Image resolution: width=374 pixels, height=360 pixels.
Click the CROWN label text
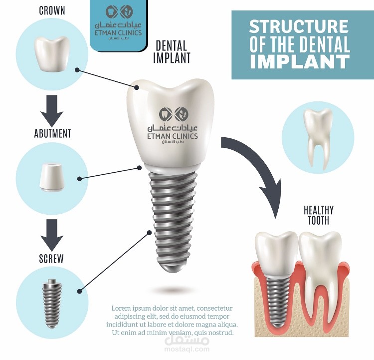coord(52,10)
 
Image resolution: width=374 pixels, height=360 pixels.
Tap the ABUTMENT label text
coord(52,133)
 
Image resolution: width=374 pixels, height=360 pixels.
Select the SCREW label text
coord(51,259)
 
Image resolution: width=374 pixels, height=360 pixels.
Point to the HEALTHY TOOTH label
coord(319,215)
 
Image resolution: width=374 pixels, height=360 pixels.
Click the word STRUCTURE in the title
coord(299,26)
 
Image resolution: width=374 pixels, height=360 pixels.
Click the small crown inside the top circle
coord(52,54)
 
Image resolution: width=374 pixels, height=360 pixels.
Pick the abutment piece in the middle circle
coord(52,177)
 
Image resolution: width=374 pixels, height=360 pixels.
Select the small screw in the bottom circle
coord(52,304)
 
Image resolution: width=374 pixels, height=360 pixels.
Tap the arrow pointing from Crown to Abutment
coord(52,111)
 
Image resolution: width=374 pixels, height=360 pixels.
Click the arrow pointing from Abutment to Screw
coord(52,235)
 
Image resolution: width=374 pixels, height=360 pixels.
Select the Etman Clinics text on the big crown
coord(173,136)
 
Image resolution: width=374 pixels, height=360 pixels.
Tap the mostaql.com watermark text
coord(187,349)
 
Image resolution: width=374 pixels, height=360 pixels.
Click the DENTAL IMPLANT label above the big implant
coord(172,52)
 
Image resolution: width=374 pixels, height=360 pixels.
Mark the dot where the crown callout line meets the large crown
coord(137,87)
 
